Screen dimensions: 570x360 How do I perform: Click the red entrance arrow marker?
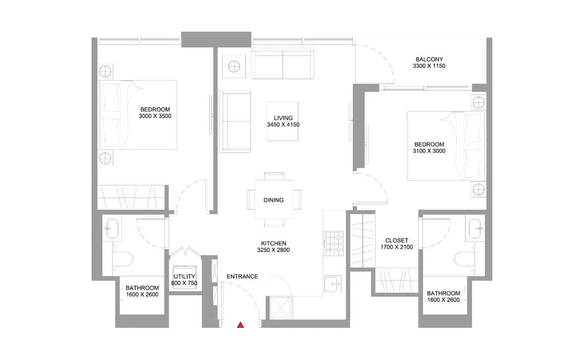pos(240,325)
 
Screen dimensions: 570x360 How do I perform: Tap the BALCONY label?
pos(429,59)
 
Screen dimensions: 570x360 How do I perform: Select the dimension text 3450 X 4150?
pos(283,125)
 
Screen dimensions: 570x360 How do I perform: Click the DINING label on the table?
pos(273,200)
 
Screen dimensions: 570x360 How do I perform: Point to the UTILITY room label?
pos(184,276)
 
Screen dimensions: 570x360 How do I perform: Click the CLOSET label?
pos(397,240)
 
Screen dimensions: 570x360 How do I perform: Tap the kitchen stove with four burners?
pos(334,243)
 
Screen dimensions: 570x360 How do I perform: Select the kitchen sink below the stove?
pos(333,284)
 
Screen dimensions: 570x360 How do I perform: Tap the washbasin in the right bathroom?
pos(476,229)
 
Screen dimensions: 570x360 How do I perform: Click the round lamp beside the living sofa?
pos(234,66)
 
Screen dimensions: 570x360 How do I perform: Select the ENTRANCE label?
pos(242,276)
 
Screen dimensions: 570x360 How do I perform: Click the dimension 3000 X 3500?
pos(155,116)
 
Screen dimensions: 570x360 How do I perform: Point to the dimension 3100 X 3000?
pos(429,151)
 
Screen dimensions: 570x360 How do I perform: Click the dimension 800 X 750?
pos(184,283)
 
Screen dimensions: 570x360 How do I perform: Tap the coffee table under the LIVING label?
pos(283,121)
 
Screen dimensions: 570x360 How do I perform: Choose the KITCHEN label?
pos(274,243)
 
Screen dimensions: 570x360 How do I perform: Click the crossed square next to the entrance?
pos(280,308)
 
